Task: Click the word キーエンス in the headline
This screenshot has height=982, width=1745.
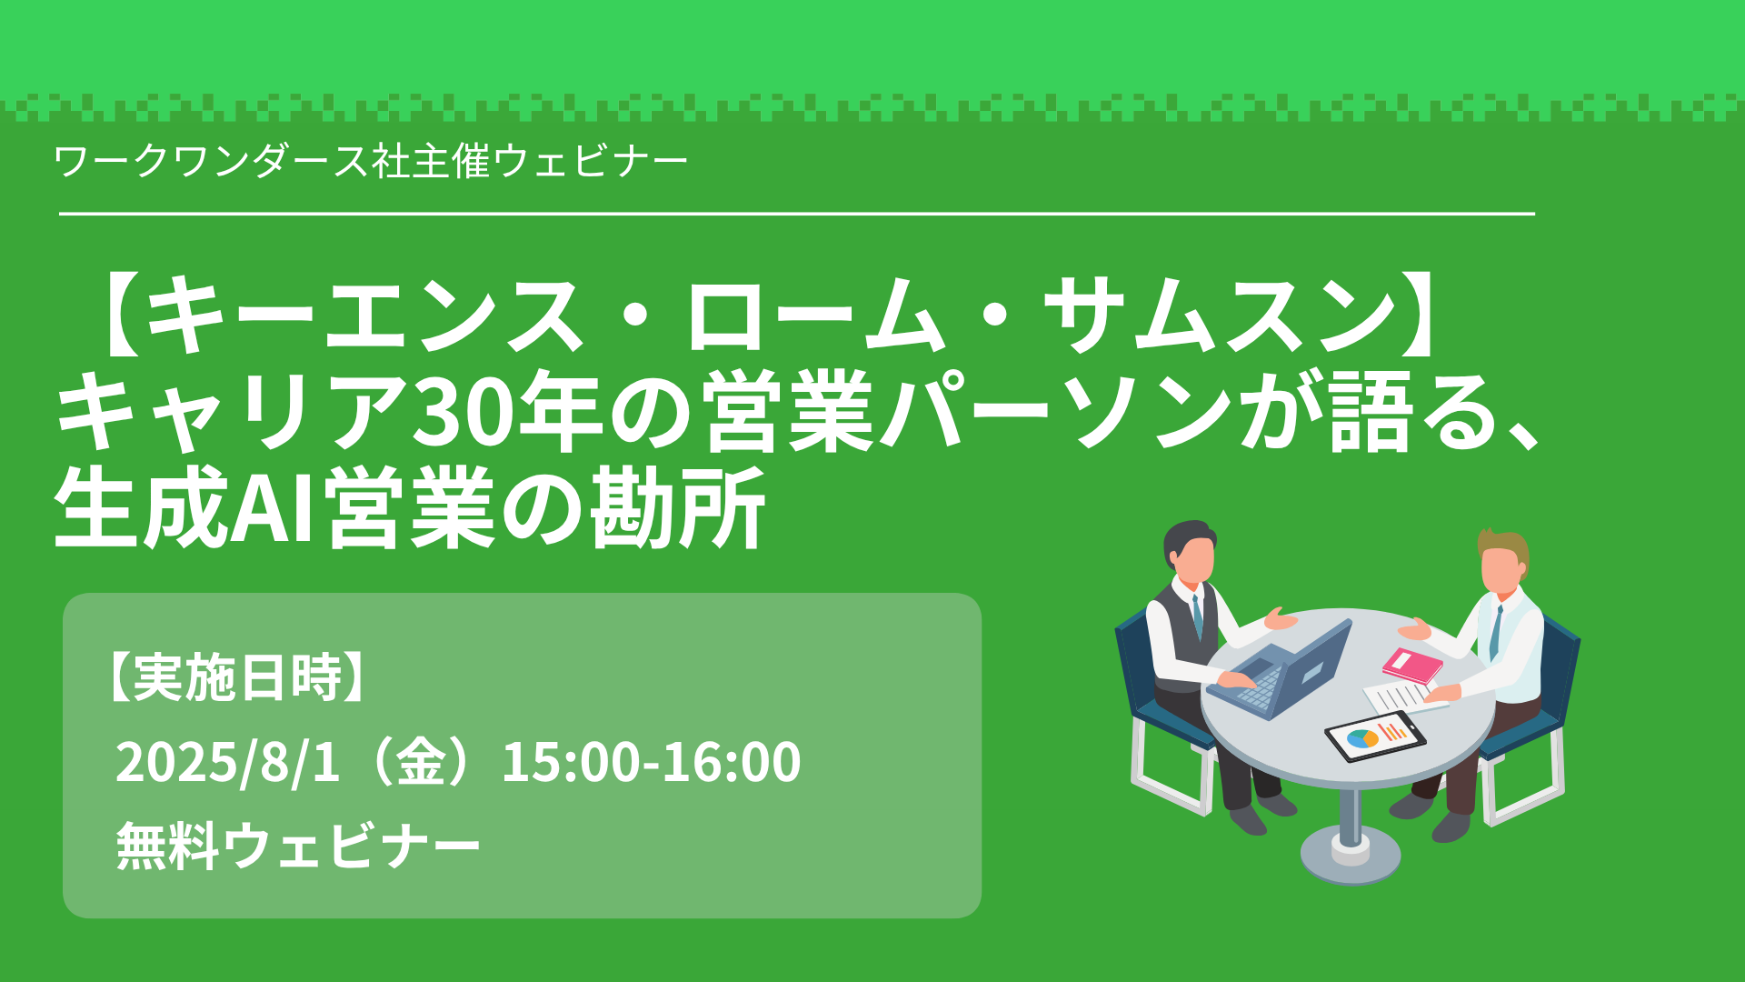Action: coord(364,315)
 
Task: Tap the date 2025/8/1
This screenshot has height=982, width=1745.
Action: coord(227,762)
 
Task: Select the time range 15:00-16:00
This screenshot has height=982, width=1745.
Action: coord(651,762)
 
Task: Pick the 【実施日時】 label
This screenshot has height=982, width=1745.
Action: coord(237,677)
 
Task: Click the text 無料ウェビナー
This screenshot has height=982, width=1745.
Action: coord(298,846)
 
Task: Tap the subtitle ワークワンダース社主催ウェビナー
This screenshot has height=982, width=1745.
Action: coord(371,162)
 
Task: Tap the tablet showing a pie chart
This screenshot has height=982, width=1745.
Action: coord(1374,736)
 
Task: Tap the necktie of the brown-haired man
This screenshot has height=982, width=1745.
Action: coord(1495,633)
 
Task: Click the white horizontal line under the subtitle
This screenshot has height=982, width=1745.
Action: coord(797,214)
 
